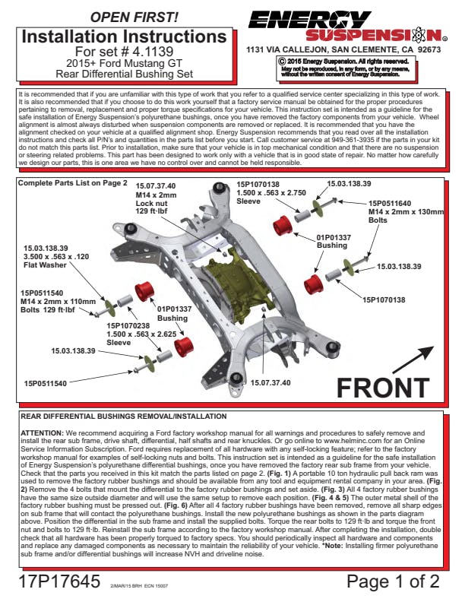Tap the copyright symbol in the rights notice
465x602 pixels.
coord(282,61)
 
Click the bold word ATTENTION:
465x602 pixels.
coord(43,432)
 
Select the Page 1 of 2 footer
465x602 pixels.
coord(393,581)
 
